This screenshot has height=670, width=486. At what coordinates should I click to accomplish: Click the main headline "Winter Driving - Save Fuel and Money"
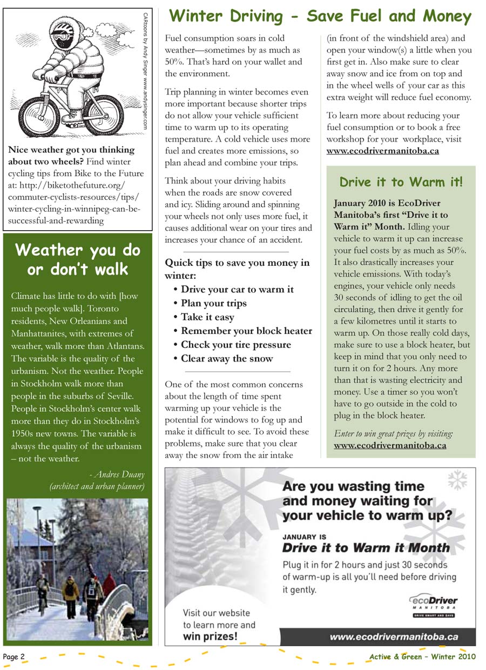click(320, 16)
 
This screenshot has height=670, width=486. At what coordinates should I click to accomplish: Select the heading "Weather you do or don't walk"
click(78, 259)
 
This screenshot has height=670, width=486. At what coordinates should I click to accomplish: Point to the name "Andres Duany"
click(119, 474)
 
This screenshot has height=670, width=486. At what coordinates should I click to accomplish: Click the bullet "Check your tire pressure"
click(235, 345)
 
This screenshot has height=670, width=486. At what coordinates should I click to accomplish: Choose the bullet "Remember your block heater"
click(246, 331)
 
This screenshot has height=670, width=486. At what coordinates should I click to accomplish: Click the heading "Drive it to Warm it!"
click(401, 182)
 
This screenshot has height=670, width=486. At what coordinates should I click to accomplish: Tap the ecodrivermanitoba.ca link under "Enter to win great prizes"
click(390, 446)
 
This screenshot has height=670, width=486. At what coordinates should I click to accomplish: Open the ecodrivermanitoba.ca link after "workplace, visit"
click(382, 151)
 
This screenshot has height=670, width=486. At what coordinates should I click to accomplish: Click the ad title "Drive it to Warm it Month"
click(366, 548)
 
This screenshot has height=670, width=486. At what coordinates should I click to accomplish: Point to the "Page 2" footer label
click(14, 656)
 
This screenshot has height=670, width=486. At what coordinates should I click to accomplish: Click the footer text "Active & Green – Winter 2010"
click(422, 656)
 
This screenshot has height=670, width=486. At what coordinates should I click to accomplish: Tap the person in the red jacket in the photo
click(110, 586)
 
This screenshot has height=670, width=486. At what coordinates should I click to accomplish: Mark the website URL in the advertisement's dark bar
click(394, 637)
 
